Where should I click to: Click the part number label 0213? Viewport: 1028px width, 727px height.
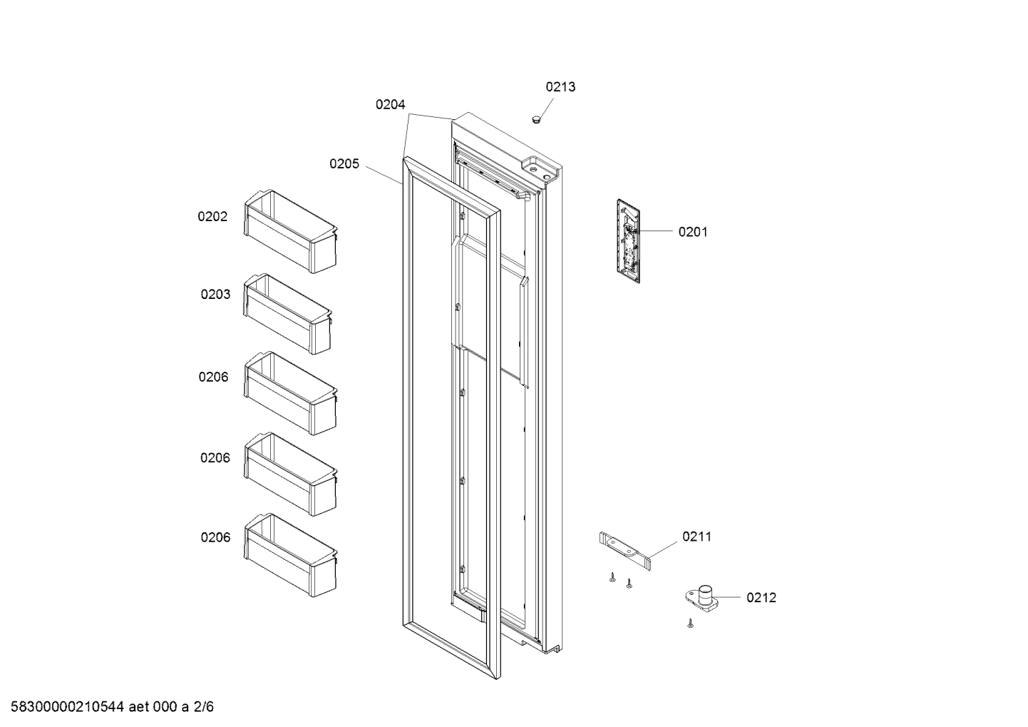[560, 87]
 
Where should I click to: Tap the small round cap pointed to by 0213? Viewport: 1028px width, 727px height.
[536, 119]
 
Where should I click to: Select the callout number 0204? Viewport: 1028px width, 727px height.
[390, 105]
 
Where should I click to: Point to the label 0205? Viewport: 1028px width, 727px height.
[344, 163]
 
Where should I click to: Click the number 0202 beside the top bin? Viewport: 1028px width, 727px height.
[212, 216]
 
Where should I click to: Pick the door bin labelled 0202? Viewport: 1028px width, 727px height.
[290, 231]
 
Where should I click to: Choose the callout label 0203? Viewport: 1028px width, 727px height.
[215, 294]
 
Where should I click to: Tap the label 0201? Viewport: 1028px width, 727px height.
[693, 232]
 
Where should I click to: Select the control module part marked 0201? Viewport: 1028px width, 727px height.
[628, 241]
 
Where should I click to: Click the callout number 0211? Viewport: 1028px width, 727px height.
[697, 537]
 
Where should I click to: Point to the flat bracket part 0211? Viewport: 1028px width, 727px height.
[625, 551]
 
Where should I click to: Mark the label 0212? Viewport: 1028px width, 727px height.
[761, 597]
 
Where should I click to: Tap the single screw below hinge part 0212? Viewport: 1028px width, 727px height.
[690, 624]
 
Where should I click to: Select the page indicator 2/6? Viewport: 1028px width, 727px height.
[203, 706]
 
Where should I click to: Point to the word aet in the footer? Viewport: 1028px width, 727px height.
[138, 706]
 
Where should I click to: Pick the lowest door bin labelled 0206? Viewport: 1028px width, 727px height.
[290, 555]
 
